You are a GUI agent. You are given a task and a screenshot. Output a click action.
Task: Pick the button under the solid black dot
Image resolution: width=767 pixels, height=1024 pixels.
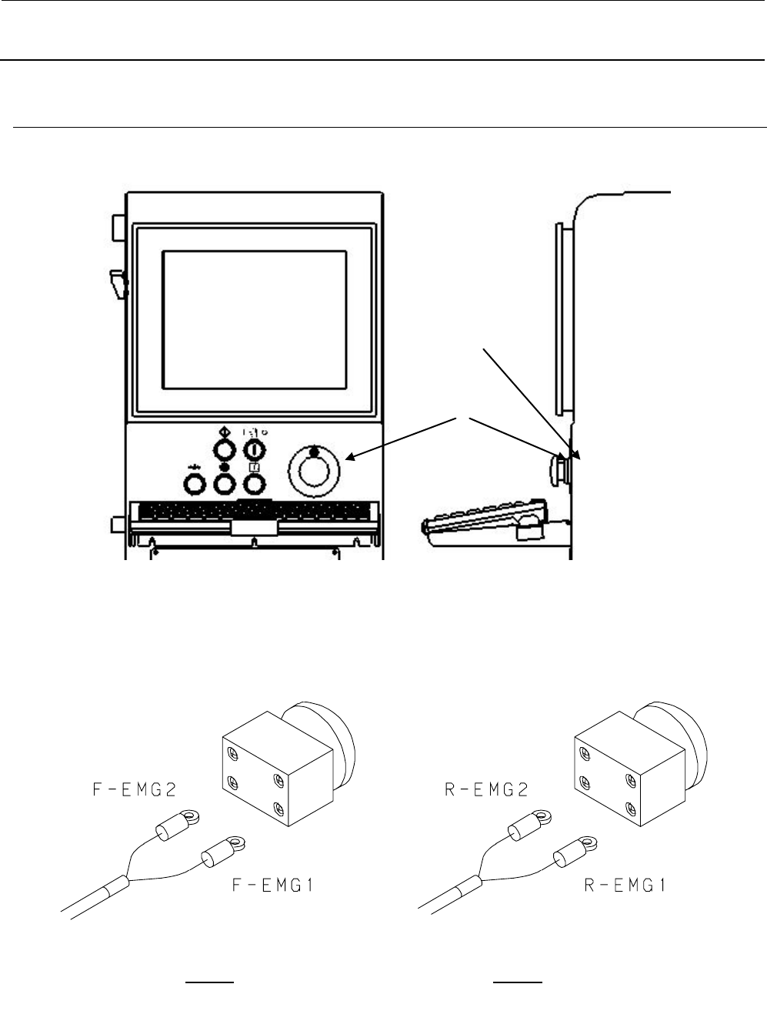[223, 484]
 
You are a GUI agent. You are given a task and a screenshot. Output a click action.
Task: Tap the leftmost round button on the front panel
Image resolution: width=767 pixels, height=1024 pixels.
[193, 484]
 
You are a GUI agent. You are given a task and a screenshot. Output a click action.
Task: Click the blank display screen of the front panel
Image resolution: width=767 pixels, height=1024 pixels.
[255, 319]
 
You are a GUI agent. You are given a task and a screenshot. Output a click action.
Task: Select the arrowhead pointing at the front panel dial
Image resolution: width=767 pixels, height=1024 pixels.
[349, 458]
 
